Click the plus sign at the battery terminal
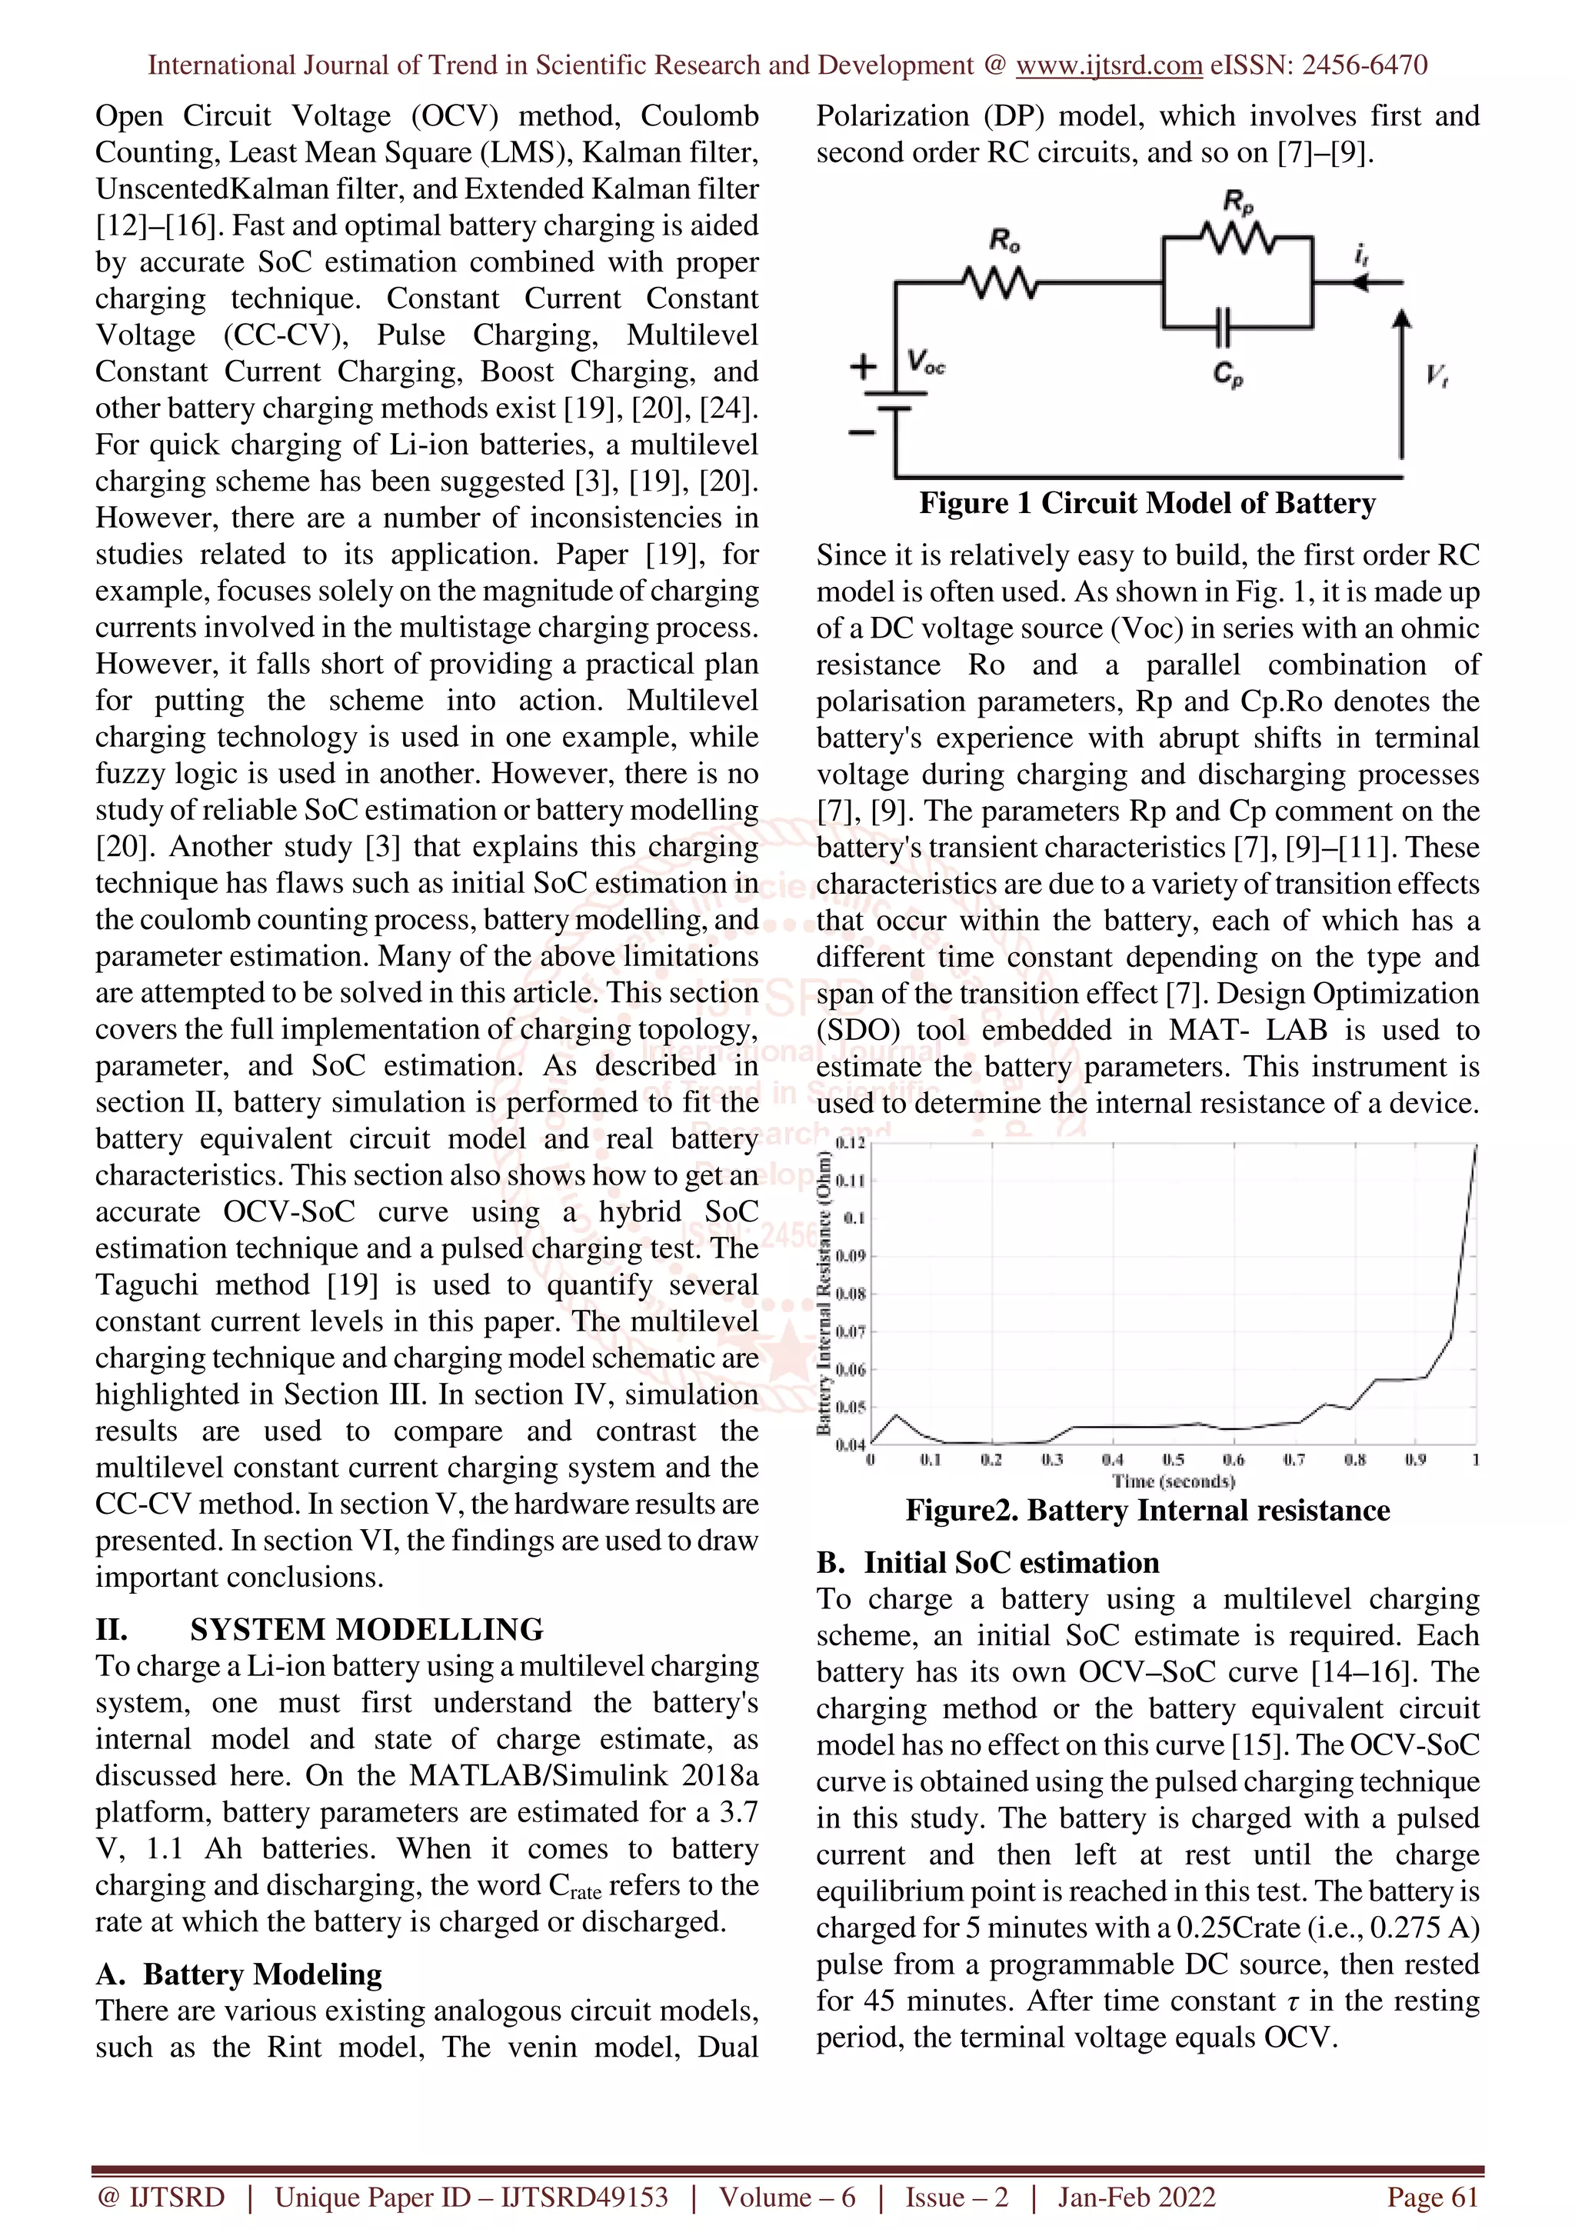pos(863,368)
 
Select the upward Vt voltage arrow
pos(1401,384)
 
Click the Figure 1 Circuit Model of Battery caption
pos(1147,504)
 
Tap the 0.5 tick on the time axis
pos(1174,1460)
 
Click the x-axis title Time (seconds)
pos(1174,1481)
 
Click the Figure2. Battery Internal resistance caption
pos(1147,1511)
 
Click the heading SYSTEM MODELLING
pos(366,1630)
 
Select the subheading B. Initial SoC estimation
pos(988,1563)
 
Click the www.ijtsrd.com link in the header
pos(1108,65)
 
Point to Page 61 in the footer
pos(1431,2197)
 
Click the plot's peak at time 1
pos(1476,1147)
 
